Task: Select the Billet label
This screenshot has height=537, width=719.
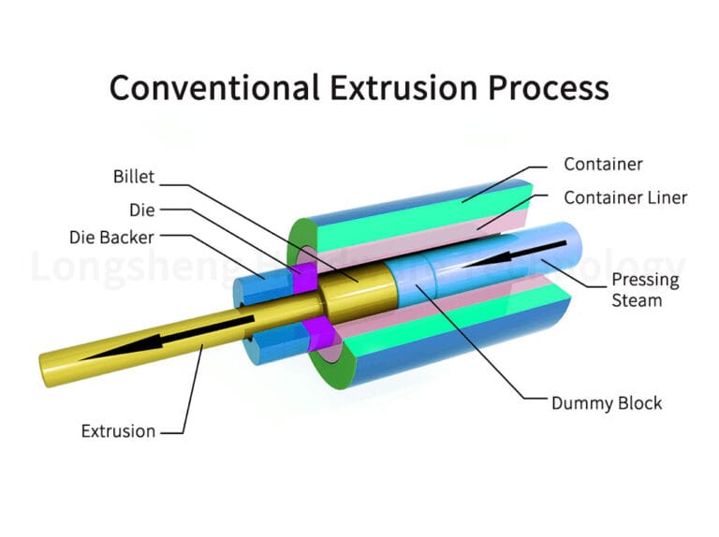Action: click(133, 176)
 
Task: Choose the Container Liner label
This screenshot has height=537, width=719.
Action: click(624, 197)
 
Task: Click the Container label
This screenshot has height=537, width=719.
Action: click(603, 164)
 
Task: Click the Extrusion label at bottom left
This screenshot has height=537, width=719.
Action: click(118, 431)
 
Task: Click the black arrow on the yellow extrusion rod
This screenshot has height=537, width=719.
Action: click(169, 338)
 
